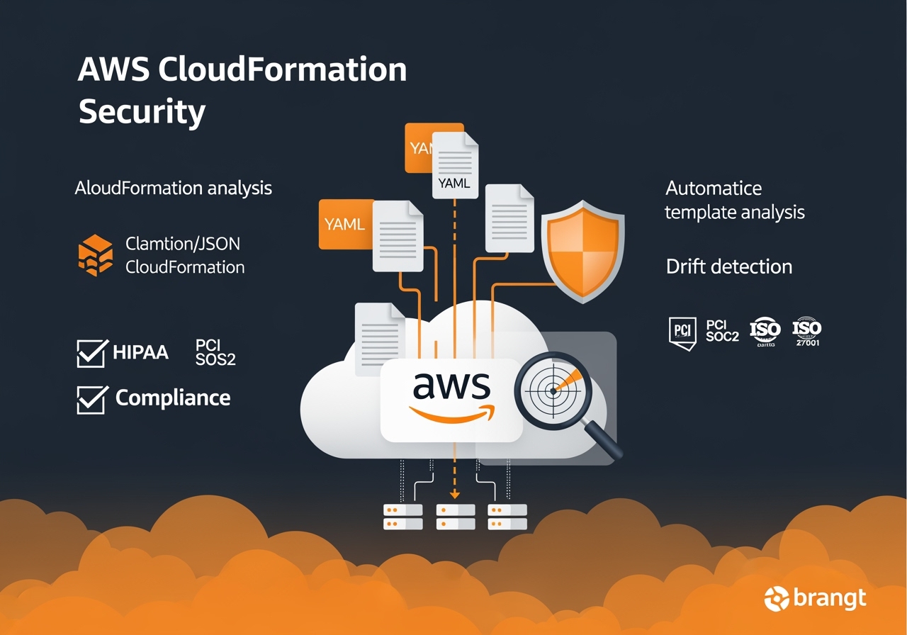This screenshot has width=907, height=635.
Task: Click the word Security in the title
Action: click(142, 111)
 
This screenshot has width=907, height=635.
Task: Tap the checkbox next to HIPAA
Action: click(92, 352)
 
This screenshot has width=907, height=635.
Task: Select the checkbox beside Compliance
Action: click(92, 399)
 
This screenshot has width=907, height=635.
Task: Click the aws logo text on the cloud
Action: click(451, 386)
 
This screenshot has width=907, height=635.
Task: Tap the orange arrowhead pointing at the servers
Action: click(455, 495)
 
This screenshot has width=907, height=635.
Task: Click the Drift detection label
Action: click(729, 266)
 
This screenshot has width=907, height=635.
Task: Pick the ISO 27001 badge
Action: click(806, 332)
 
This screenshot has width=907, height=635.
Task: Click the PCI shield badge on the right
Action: click(682, 332)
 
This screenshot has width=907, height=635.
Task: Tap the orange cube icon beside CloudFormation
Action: click(95, 255)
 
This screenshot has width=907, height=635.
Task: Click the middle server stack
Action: click(455, 517)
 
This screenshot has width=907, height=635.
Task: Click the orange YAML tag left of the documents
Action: click(345, 224)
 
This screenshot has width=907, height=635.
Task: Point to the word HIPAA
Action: click(140, 352)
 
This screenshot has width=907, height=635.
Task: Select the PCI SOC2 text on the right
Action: click(722, 331)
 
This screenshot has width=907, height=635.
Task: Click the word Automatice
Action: click(714, 189)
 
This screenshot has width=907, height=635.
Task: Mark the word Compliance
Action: click(173, 398)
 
